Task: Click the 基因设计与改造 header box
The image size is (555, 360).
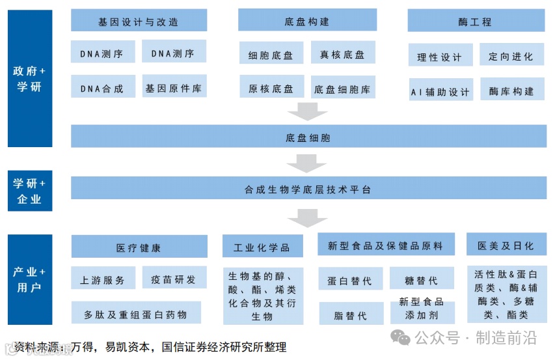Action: point(139,21)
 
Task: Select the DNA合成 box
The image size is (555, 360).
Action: point(103,87)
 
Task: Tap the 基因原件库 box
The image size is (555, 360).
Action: point(174,87)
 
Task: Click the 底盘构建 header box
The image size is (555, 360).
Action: point(307,21)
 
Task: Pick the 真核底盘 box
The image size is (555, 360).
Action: point(342,55)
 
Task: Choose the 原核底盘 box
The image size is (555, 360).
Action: point(271,89)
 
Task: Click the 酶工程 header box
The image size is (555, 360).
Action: point(475,21)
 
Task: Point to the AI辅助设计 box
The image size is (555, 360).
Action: point(440,91)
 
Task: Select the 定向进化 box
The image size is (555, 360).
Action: point(511,56)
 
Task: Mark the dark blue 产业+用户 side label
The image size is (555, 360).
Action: point(29,279)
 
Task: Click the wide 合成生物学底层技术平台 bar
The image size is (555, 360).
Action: point(308,189)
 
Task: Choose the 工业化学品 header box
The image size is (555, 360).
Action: point(262,247)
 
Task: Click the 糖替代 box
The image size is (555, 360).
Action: point(421,280)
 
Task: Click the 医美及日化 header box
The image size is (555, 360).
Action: point(506,245)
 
